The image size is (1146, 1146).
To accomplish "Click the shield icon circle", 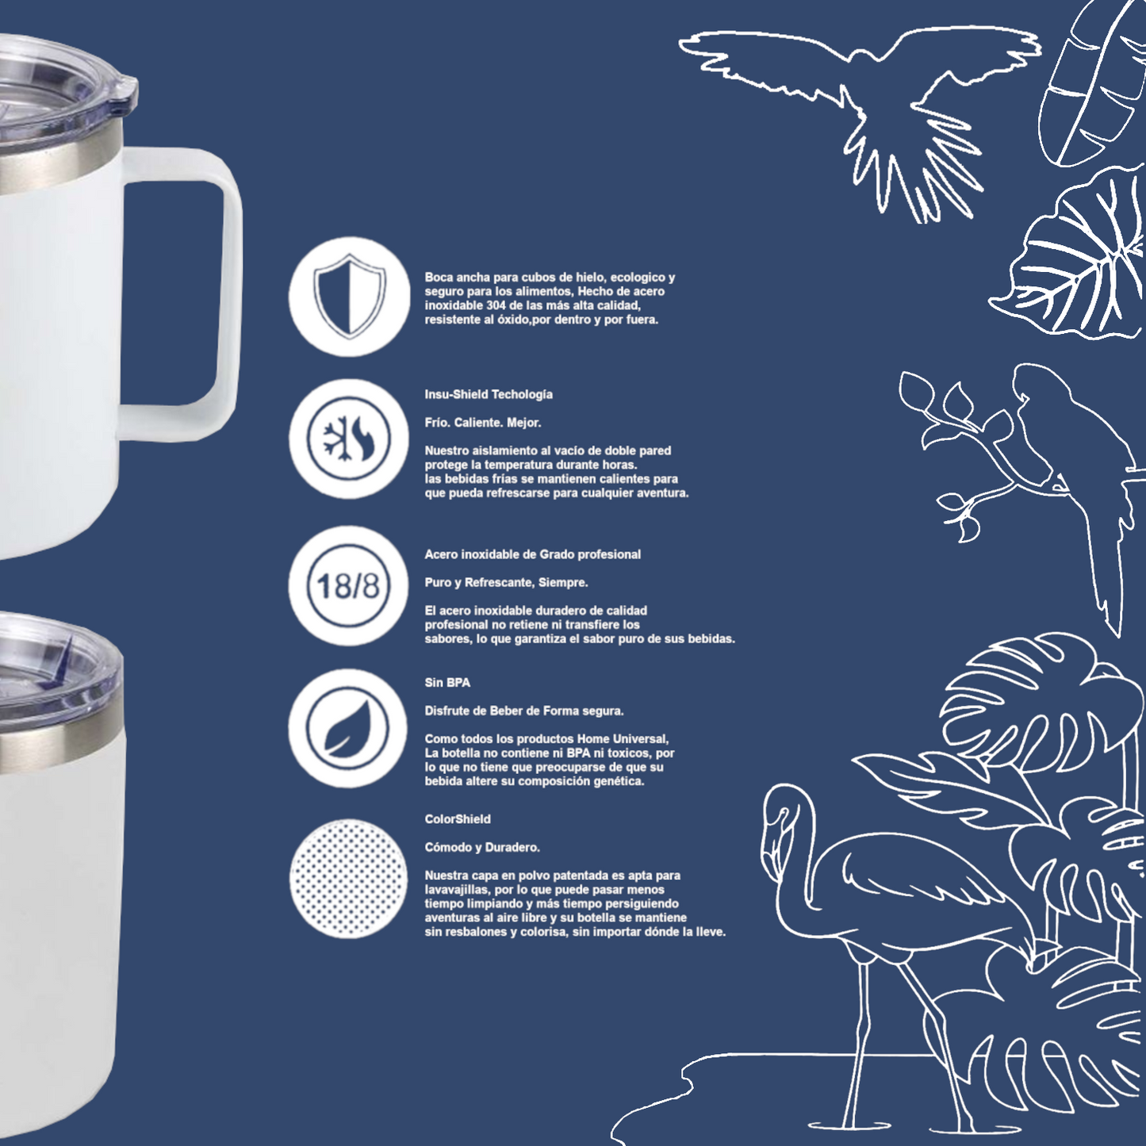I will [x=349, y=296].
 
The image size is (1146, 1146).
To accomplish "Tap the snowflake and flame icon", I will [x=349, y=439].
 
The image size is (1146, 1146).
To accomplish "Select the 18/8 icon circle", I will [x=349, y=586].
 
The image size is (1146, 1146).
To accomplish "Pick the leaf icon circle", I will [x=348, y=729].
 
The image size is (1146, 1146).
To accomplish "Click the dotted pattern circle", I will [x=348, y=879].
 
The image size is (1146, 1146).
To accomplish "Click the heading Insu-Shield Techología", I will [x=489, y=394].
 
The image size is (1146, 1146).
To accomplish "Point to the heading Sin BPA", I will [x=447, y=683].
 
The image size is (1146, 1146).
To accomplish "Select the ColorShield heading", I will [x=458, y=819].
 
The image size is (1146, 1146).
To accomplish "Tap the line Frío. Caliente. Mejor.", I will [x=483, y=423].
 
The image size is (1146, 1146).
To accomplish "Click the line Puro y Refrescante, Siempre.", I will [x=506, y=583].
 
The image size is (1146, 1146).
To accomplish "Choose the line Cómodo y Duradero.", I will [x=482, y=848].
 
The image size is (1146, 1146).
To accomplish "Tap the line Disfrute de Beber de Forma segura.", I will [x=524, y=711].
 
